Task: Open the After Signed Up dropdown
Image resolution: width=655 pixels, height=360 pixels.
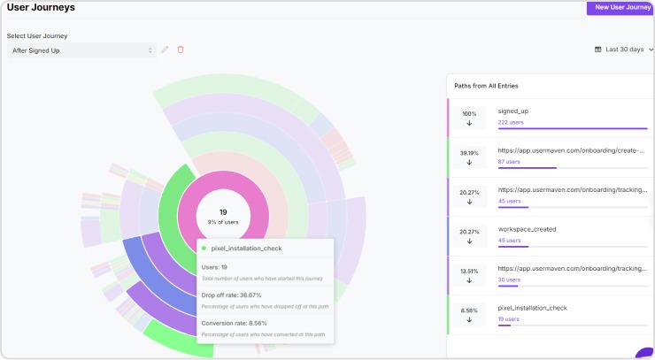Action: [81, 50]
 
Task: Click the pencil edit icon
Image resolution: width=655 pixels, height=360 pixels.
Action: [165, 50]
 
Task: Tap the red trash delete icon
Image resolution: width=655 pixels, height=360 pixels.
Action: [181, 50]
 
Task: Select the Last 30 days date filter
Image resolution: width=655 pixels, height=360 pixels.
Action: [624, 50]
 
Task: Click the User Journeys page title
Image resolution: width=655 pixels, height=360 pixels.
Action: [41, 7]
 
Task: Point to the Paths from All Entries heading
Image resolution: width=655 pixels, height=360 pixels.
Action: [486, 86]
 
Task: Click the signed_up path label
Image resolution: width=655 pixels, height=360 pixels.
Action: [513, 111]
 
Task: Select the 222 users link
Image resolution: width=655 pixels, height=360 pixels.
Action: [511, 123]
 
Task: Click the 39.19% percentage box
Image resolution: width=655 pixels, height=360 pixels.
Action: [469, 157]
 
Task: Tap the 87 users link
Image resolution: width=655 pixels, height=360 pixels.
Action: [509, 162]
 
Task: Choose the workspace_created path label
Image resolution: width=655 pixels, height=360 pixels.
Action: [527, 229]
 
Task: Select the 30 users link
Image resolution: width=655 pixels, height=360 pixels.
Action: [509, 280]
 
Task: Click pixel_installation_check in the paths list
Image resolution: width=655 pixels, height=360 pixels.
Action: [532, 308]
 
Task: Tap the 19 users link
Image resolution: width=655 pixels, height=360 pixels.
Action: [509, 318]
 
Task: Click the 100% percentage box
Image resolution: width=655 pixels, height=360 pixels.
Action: [469, 119]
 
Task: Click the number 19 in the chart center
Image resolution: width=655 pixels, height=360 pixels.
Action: [223, 212]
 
